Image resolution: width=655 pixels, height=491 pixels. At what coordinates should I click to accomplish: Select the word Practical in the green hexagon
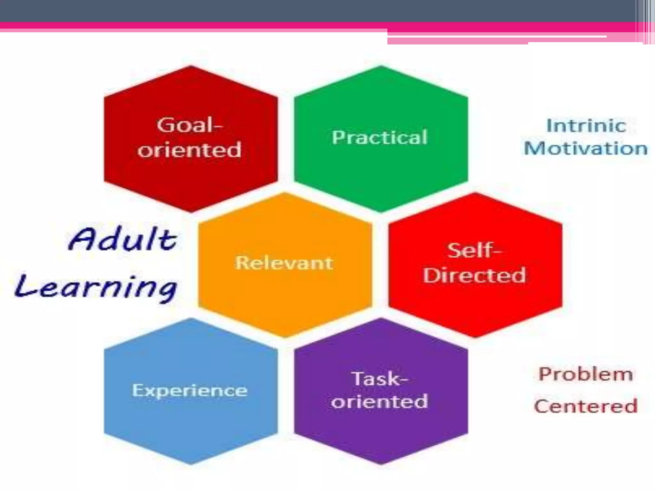[380, 137]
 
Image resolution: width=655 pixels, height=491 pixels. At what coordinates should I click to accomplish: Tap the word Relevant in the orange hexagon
[284, 263]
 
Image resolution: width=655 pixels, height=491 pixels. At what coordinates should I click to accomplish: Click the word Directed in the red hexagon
[474, 275]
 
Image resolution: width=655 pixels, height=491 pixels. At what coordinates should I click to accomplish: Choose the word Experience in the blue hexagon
[190, 391]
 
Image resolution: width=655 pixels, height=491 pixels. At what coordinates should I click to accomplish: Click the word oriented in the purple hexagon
[380, 402]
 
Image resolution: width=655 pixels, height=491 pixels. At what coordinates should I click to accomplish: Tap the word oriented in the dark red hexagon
[189, 150]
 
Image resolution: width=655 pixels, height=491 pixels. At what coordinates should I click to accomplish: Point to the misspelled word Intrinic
[586, 125]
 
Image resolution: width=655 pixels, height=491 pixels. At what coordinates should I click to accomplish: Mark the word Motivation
[586, 149]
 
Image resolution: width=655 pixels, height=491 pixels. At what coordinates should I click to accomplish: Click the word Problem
[586, 374]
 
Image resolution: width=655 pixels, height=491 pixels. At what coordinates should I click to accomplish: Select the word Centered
[586, 406]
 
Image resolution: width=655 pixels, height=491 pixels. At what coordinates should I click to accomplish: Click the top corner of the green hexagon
[381, 66]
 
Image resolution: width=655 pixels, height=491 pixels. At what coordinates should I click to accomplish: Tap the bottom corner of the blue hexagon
[191, 464]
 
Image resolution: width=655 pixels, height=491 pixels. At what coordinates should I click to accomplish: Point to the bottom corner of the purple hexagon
[381, 464]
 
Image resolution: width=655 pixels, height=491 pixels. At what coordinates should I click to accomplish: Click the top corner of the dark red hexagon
[191, 66]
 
